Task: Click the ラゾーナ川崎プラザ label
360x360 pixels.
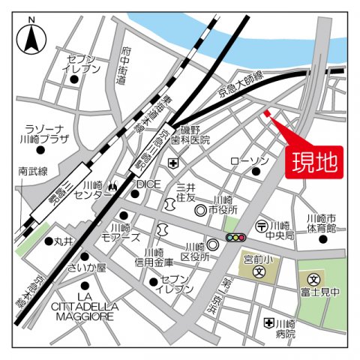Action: tap(46, 133)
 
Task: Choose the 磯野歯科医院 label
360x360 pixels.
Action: tap(194, 135)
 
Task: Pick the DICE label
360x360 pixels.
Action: tap(148, 183)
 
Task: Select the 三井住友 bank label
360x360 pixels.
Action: tap(185, 193)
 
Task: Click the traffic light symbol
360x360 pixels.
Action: tap(235, 238)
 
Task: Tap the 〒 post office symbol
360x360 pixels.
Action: tap(262, 225)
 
